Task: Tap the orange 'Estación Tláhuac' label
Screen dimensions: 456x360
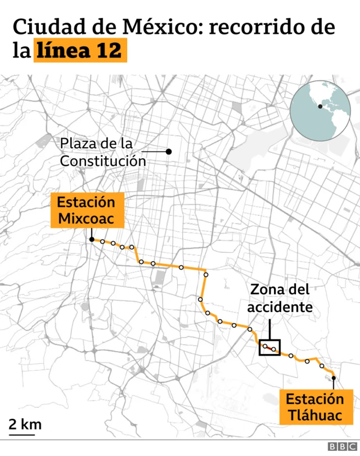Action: click(314, 407)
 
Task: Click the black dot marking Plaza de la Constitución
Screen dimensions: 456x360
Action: click(168, 152)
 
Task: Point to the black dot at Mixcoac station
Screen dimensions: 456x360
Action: click(91, 240)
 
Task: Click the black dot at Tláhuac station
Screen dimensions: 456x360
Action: click(334, 378)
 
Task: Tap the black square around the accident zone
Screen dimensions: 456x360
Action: click(269, 347)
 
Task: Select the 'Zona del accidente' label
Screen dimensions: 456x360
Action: click(280, 298)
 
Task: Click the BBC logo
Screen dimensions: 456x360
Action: click(339, 446)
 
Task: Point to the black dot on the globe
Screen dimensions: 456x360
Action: click(320, 106)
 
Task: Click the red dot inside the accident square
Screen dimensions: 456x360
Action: click(274, 350)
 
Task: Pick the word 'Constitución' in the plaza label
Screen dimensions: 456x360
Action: click(103, 161)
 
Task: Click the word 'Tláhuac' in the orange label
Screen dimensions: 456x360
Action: click(314, 415)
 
